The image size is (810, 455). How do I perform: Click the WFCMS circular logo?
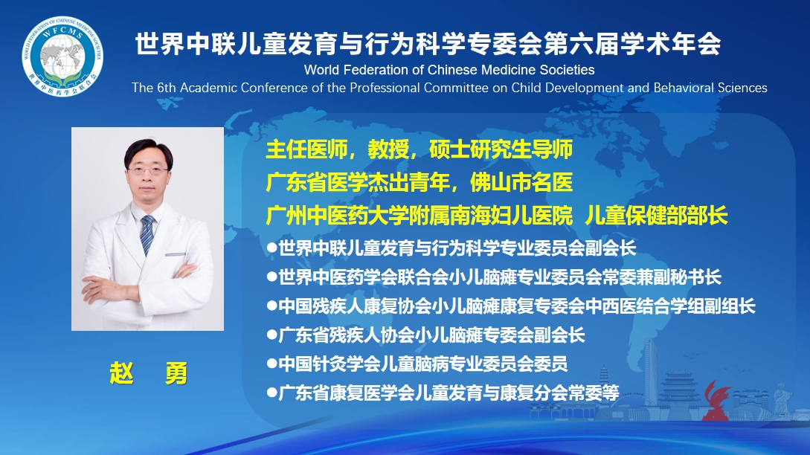(x=62, y=57)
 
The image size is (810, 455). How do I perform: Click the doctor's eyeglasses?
(x=148, y=170)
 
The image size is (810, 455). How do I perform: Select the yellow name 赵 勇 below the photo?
(x=148, y=373)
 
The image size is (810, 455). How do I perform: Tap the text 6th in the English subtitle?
(x=167, y=88)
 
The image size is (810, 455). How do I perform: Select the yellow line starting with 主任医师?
(x=419, y=149)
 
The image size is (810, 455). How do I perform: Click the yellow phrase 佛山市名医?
(x=521, y=182)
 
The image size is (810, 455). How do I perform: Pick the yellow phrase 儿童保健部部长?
(x=656, y=216)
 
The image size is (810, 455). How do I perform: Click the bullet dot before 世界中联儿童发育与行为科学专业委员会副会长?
(x=271, y=248)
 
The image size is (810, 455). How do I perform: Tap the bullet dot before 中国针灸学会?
(x=271, y=364)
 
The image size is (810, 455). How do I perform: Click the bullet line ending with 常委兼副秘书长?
(x=494, y=277)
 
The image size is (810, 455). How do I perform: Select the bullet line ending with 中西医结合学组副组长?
(x=511, y=306)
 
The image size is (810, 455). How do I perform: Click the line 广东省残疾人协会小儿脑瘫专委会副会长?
(x=425, y=335)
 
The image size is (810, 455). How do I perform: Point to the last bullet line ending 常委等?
(x=443, y=393)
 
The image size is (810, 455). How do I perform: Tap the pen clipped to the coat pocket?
(x=175, y=254)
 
